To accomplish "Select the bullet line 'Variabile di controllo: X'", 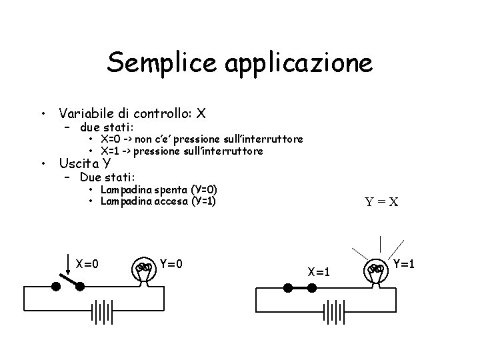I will click(x=132, y=113).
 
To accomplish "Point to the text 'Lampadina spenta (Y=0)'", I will click(x=159, y=190).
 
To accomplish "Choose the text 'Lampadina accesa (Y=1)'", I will click(x=159, y=201).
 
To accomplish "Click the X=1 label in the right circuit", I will click(x=319, y=271).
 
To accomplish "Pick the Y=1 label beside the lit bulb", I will click(x=405, y=263).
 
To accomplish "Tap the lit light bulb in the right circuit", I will click(x=377, y=271).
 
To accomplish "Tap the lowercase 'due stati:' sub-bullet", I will click(x=107, y=127).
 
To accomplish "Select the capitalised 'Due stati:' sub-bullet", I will click(x=107, y=177).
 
